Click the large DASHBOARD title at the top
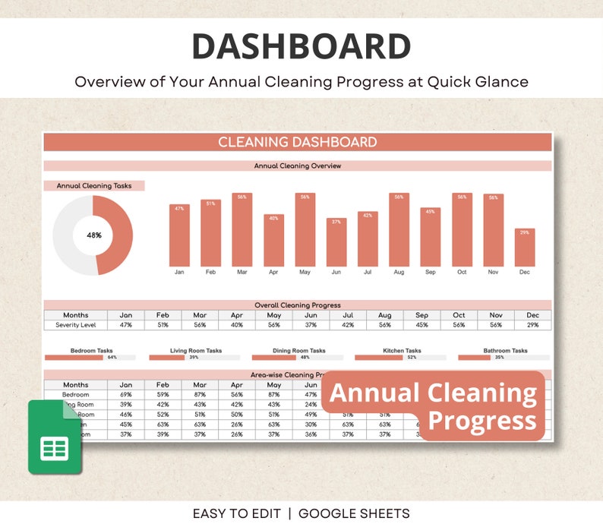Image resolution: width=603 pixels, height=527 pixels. [301, 47]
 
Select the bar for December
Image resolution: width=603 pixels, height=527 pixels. [524, 248]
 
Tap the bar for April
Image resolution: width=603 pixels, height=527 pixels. [274, 240]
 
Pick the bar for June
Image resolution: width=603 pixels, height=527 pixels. [336, 242]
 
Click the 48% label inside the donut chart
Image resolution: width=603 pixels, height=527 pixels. [94, 235]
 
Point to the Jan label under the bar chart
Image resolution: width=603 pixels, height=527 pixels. [179, 272]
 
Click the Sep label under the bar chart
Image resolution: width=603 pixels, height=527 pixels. [431, 272]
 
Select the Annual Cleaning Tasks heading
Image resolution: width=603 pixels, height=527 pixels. [94, 186]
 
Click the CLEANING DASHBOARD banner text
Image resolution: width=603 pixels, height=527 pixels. [297, 142]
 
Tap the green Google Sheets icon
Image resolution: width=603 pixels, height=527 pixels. [54, 437]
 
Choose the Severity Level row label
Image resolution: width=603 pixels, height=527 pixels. [76, 325]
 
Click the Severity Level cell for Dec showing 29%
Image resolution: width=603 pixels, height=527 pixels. [533, 325]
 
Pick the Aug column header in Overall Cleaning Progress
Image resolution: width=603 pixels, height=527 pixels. [385, 315]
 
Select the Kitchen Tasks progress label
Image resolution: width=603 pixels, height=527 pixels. [403, 351]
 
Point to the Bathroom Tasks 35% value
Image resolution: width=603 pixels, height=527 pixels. [499, 357]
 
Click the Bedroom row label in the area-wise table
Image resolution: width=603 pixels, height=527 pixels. [76, 395]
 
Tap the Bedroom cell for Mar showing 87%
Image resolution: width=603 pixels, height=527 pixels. [200, 395]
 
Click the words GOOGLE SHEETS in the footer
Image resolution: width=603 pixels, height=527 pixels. [354, 514]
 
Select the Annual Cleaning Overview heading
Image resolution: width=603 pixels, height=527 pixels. [297, 166]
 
